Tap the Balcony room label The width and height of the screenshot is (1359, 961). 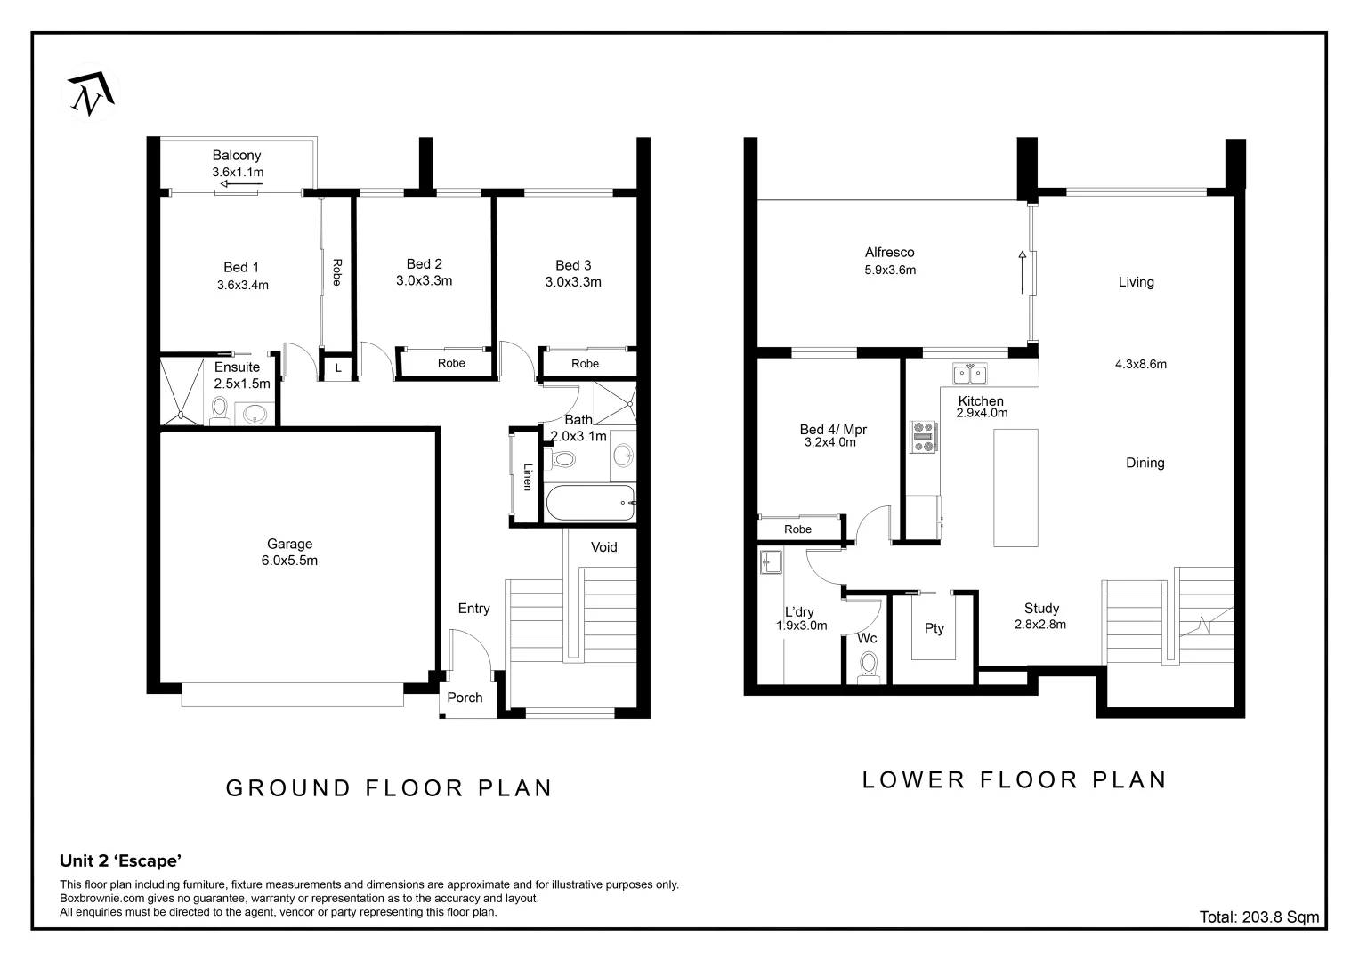pos(237,156)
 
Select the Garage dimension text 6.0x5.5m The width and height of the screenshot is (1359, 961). pos(289,561)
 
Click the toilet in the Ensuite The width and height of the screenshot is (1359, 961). pos(220,410)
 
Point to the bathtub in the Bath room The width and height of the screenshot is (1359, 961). pos(589,504)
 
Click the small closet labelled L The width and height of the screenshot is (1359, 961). pos(338,367)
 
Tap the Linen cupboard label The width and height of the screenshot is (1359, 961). pos(527,477)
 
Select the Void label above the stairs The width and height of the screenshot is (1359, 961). pos(603,547)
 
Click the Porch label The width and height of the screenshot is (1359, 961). pos(465,698)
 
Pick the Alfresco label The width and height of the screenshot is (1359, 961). pos(889,253)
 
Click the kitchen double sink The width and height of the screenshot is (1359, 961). pos(965,374)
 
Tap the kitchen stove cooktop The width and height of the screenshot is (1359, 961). pos(923,437)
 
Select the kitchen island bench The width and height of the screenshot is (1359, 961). pos(1015,488)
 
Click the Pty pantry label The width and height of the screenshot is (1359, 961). pos(934,628)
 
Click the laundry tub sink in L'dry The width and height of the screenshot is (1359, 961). pos(771,562)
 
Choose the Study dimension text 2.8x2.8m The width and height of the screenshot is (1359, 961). pos(1040,625)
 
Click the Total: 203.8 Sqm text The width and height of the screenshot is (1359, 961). pos(1258,917)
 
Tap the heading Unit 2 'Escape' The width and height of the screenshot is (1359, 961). pos(121,860)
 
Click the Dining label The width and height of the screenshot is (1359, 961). pos(1145,463)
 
